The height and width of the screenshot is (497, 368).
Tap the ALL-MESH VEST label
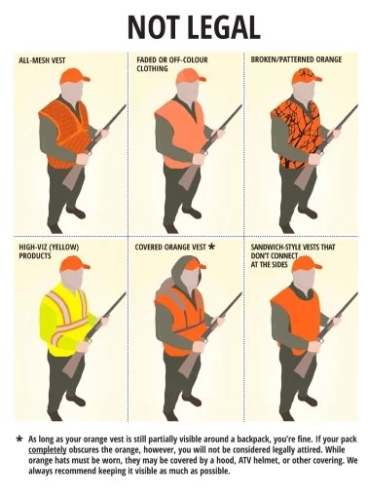[x=42, y=60]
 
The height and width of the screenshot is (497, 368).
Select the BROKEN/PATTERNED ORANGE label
[x=296, y=59]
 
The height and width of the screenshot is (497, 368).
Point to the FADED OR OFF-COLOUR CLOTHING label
[x=172, y=64]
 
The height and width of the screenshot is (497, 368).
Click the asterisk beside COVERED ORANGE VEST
[x=211, y=247]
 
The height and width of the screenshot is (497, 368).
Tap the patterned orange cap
[x=306, y=76]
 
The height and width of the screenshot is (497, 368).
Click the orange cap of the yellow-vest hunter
[x=74, y=263]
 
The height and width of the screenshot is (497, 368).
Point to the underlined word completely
[x=48, y=450]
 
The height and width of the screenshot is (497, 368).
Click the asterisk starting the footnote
[x=19, y=439]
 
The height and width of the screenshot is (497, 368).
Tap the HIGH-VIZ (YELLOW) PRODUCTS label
[x=49, y=251]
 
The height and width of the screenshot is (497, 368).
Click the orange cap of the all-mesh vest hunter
[x=74, y=76]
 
